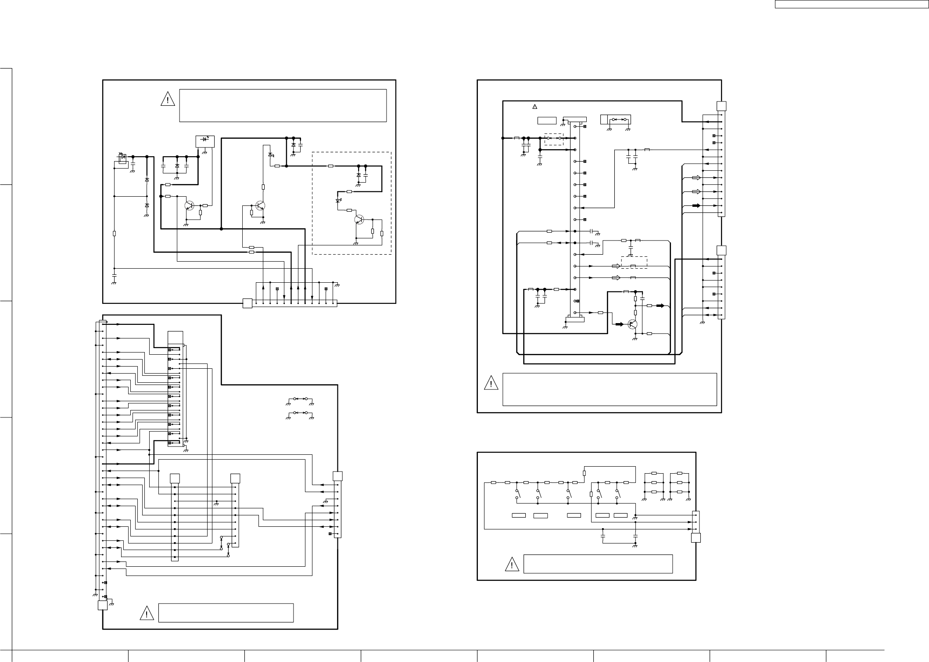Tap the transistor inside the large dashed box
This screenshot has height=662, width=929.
tap(359, 219)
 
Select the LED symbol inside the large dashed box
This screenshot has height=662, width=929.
tap(337, 201)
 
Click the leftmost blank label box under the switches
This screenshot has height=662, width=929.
tap(519, 515)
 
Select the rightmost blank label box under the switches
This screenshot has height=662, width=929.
tap(621, 515)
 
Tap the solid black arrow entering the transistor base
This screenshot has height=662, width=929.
tap(619, 324)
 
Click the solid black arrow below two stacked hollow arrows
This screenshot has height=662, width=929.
tap(696, 205)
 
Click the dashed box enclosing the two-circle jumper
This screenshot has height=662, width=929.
tap(554, 138)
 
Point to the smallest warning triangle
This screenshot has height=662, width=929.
tap(534, 107)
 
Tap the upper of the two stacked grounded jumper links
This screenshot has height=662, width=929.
tap(300, 399)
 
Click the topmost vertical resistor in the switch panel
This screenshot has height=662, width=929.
tap(584, 473)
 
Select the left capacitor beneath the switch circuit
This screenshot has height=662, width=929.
tap(603, 536)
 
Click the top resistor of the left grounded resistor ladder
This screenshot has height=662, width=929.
tap(654, 474)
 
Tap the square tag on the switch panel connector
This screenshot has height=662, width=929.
tap(696, 538)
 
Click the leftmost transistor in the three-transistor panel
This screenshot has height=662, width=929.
tap(190, 205)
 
